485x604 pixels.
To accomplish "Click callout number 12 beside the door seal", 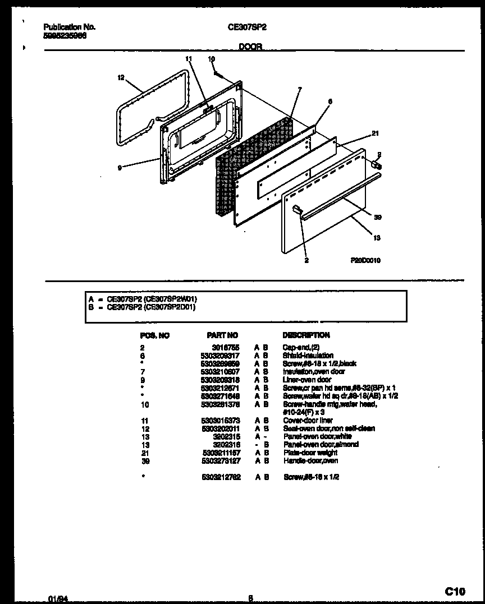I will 121,78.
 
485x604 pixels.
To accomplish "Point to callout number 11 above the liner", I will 189,58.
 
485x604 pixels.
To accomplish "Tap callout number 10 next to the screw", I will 211,58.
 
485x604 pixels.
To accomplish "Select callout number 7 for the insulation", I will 300,89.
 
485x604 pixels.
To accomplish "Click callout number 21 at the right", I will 375,133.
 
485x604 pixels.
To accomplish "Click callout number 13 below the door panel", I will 376,238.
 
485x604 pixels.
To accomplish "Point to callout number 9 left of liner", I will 120,167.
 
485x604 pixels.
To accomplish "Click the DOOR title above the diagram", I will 250,48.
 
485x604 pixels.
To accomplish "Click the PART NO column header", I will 222,335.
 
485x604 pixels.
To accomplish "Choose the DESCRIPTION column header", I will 306,335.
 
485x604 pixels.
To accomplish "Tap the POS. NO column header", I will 154,335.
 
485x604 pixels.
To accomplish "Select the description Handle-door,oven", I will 310,461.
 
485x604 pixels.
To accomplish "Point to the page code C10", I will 455,591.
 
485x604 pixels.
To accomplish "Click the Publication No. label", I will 69,26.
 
